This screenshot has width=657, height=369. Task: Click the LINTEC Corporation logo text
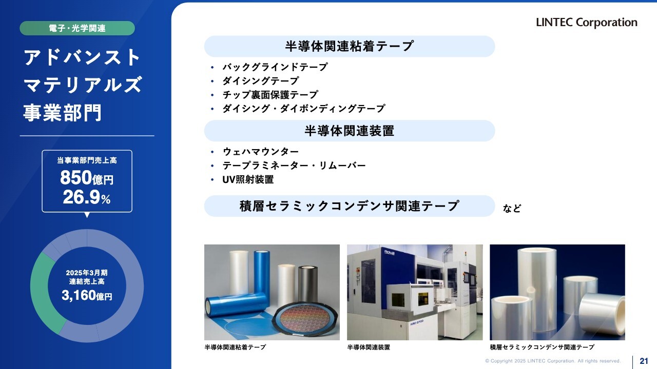coord(587,23)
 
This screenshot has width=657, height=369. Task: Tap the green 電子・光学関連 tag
coord(77,28)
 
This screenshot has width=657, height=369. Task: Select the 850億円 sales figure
coord(87,177)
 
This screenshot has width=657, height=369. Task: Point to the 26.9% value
coord(87,197)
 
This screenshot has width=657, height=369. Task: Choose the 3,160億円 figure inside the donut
coord(87,296)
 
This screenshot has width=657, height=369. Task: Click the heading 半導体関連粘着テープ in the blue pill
coord(350,46)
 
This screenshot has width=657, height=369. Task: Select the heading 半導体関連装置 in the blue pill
coord(350,131)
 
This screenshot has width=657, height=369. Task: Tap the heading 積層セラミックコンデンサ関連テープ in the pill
coord(350,206)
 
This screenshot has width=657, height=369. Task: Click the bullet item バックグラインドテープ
coord(275,67)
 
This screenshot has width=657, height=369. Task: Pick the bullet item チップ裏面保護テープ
coord(270,95)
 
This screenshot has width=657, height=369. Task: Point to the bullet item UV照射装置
coord(248,179)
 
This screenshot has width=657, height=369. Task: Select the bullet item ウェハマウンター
coord(260,152)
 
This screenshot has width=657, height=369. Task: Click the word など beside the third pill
coord(512,208)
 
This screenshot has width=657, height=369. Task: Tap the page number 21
coord(644,361)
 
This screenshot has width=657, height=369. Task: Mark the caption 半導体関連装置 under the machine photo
coord(369,347)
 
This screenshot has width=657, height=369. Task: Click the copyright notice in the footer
coord(553,361)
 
